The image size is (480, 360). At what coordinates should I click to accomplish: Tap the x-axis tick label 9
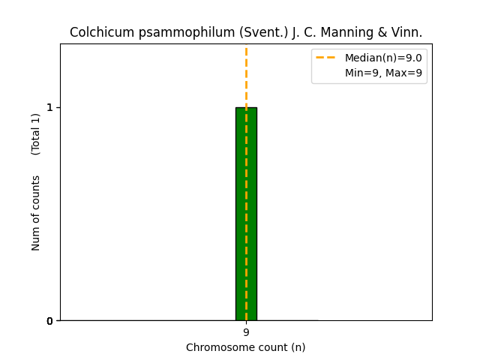click(x=246, y=332)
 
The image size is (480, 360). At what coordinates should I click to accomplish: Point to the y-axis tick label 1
click(x=50, y=107)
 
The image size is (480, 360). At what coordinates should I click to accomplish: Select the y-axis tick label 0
click(x=50, y=321)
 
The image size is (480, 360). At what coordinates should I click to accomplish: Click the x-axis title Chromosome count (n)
click(x=246, y=347)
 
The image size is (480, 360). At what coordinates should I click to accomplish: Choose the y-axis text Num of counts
click(x=36, y=213)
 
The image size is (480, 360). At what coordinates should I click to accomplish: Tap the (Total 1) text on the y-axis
click(x=36, y=133)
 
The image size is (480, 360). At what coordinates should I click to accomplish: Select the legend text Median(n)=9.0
click(x=383, y=58)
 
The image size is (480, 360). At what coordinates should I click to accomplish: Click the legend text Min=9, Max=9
click(x=383, y=73)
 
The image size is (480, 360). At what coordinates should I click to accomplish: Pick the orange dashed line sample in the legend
click(x=325, y=58)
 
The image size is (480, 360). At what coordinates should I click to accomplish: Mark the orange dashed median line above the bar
click(x=246, y=75)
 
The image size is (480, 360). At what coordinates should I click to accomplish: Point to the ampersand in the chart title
click(x=375, y=33)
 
